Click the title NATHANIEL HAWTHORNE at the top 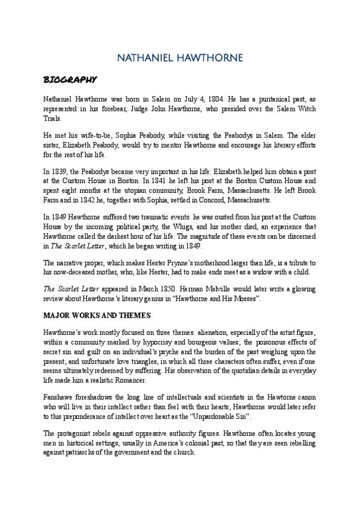point(180,58)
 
